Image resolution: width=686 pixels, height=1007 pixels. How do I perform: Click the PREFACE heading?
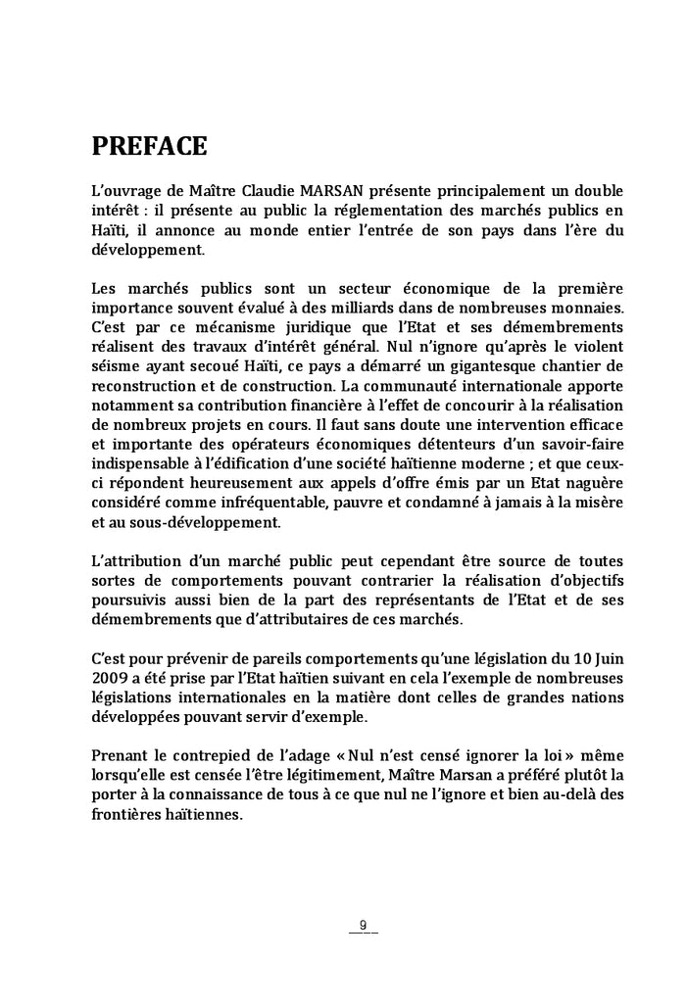coord(149,147)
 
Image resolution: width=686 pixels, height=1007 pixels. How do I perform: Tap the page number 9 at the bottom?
coord(364,925)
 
